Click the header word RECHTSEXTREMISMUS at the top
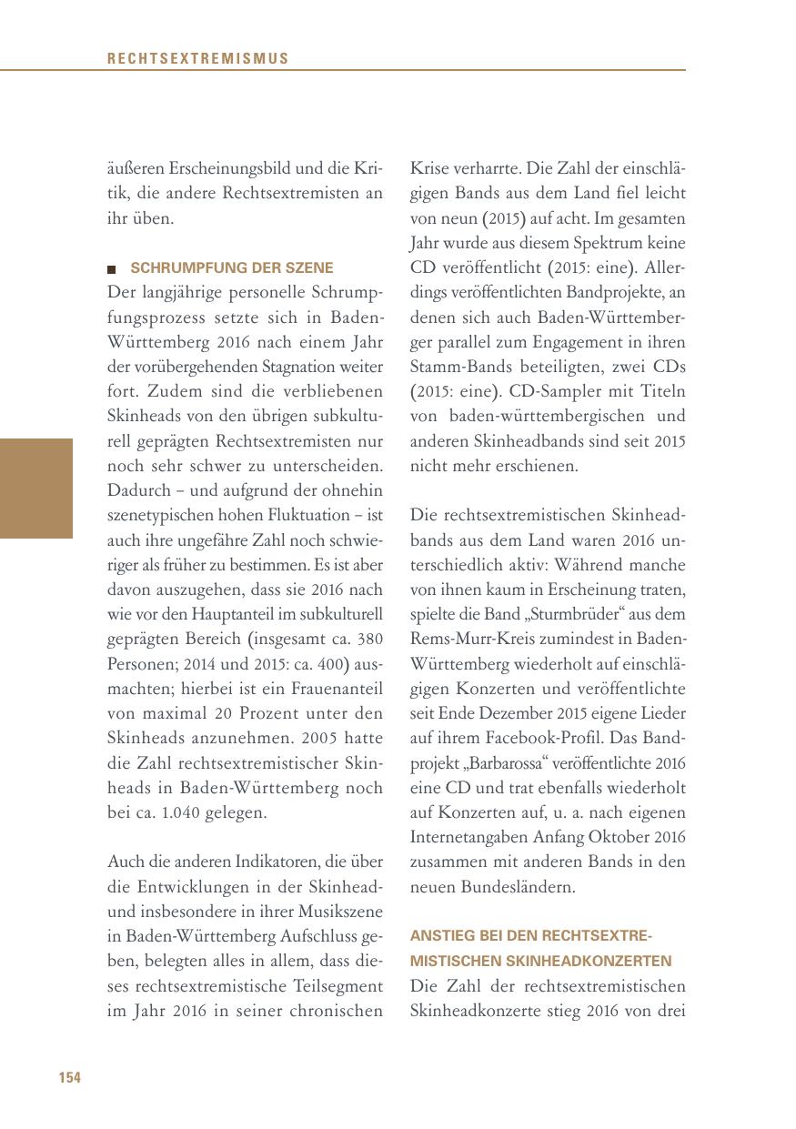pyautogui.click(x=197, y=59)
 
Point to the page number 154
pyautogui.click(x=70, y=1078)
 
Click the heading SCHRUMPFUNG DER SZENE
pyautogui.click(x=232, y=268)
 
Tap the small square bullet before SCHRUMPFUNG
pyautogui.click(x=112, y=269)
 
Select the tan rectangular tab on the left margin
pyautogui.click(x=35, y=489)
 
